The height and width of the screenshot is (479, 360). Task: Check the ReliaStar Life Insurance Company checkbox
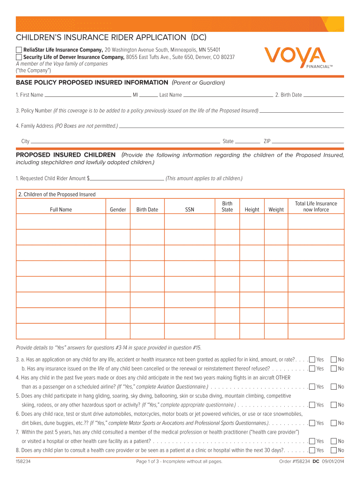(19, 50)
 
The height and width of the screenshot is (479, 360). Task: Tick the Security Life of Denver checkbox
(19, 58)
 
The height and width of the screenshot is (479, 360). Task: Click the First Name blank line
(87, 95)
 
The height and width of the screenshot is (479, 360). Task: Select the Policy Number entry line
(302, 111)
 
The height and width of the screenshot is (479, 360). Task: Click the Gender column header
(118, 210)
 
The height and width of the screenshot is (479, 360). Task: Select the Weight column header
(276, 210)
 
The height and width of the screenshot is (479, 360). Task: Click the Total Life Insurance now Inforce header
(316, 207)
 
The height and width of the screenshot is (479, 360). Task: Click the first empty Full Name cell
(61, 222)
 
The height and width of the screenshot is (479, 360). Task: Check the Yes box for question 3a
(312, 360)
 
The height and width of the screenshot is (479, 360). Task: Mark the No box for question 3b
(334, 369)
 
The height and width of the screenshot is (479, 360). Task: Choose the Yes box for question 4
(312, 387)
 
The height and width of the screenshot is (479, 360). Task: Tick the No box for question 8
(334, 450)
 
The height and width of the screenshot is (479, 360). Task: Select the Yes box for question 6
(312, 423)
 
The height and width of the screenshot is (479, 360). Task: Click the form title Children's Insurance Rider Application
(111, 37)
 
